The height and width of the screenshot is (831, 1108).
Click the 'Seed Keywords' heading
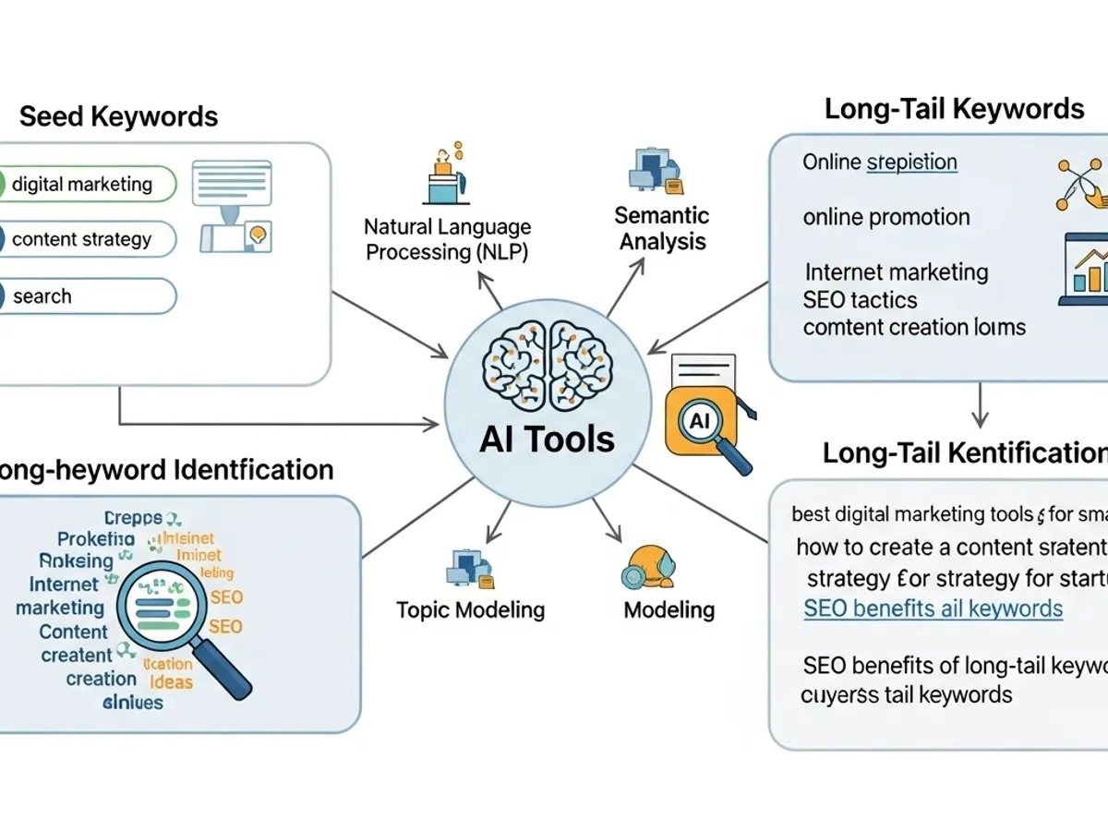[118, 117]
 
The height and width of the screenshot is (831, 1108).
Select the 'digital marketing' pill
[88, 184]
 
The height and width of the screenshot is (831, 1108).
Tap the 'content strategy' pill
[88, 239]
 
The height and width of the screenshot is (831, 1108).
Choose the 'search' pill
[88, 296]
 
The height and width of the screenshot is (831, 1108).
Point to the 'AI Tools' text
[547, 439]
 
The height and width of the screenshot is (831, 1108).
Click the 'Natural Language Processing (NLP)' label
[448, 239]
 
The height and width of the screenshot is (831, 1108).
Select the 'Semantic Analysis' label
[662, 229]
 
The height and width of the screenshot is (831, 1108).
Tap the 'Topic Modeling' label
[470, 610]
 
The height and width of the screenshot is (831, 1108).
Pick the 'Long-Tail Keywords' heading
[954, 109]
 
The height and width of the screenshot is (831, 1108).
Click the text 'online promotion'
[886, 217]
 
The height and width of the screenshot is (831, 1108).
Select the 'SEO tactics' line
[860, 300]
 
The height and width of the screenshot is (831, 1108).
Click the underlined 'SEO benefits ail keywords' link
[933, 608]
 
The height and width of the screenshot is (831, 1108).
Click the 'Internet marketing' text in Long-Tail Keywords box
[896, 272]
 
